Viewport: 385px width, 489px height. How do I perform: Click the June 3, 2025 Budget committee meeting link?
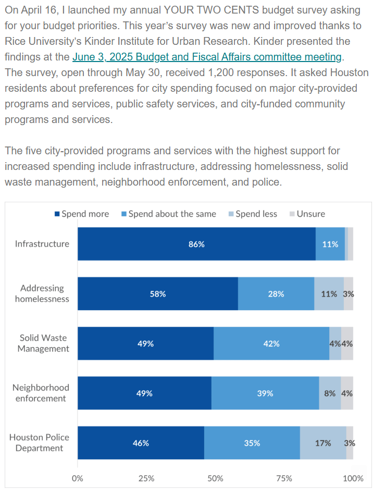[x=207, y=57]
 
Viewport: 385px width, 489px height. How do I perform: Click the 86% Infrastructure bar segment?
[x=196, y=244]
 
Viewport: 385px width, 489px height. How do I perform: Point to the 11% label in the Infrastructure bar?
[x=330, y=244]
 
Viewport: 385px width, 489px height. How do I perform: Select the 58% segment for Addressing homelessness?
[x=158, y=294]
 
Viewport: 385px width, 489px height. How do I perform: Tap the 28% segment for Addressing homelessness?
[x=276, y=294]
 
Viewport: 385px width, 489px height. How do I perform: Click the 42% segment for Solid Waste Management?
[x=271, y=344]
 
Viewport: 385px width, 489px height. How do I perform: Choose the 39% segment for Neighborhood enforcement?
[x=265, y=394]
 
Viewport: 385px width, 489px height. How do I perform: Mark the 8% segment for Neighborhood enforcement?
[x=330, y=394]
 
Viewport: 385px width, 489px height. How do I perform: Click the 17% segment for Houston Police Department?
[x=323, y=443]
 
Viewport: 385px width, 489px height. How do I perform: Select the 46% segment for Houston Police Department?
[x=141, y=443]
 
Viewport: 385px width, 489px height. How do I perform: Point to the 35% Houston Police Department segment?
[x=252, y=443]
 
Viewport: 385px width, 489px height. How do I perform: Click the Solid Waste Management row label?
[x=43, y=344]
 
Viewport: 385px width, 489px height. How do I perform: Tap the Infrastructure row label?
[x=42, y=244]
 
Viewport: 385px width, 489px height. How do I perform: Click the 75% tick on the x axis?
[x=284, y=478]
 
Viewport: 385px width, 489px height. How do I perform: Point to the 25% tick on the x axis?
[x=146, y=478]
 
